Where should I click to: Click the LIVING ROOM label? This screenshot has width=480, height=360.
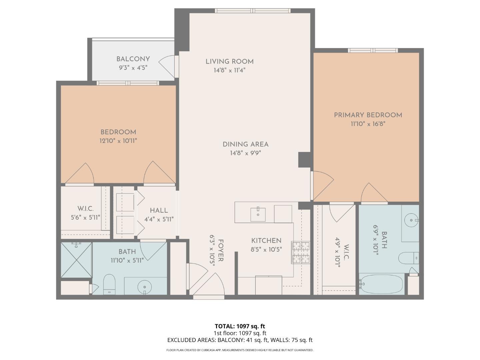229,62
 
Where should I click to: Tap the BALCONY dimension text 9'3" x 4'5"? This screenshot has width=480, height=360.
133,67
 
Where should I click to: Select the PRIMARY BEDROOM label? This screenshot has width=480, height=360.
368,115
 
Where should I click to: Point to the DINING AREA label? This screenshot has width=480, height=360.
245,144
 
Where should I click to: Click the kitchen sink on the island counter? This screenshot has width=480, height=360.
258,215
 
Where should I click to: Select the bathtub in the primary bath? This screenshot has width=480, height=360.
381,284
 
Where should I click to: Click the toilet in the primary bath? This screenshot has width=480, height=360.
408,258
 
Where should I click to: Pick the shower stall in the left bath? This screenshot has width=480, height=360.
76,260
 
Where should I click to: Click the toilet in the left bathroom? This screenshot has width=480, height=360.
109,284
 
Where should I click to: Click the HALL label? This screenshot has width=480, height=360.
159,211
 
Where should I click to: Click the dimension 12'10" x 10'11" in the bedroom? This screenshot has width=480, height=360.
118,141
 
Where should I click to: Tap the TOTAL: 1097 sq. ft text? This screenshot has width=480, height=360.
240,326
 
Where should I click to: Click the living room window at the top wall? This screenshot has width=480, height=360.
252,11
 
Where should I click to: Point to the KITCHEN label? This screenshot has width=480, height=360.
266,241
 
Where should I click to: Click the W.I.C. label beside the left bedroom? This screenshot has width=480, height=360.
85,209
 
